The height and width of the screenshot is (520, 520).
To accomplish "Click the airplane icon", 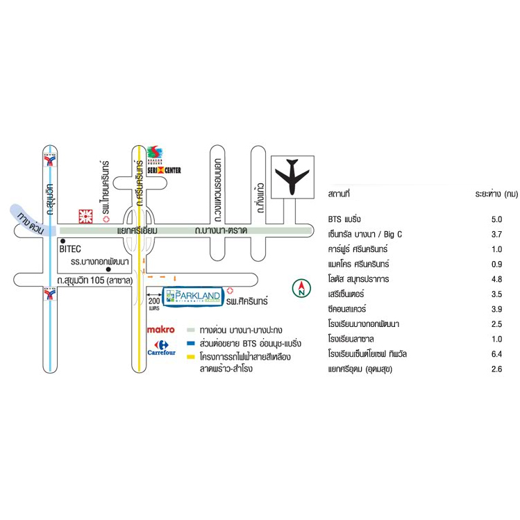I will click(x=292, y=176).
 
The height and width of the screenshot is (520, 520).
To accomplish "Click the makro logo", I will click(x=160, y=330).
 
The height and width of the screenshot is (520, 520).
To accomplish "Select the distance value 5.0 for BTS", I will click(x=496, y=219).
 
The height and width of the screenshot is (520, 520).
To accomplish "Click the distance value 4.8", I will click(x=496, y=279).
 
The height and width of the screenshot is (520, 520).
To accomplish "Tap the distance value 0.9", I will click(x=496, y=265).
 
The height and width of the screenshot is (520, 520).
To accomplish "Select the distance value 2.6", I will click(x=496, y=369).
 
